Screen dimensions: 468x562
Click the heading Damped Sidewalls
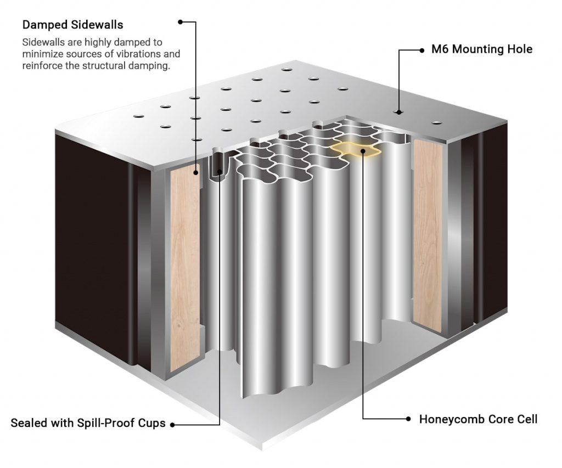(72, 25)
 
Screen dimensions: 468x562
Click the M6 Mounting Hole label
(481, 49)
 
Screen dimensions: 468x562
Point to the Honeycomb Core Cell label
(478, 419)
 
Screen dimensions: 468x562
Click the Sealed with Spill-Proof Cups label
(88, 424)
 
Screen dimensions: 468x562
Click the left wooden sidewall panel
(185, 269)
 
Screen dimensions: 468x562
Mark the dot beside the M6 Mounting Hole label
(421, 50)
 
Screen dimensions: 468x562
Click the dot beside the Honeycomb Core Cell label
(408, 419)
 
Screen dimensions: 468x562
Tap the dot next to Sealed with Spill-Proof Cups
(172, 424)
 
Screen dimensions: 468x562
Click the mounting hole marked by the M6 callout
(399, 112)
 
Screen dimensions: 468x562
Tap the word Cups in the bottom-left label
(152, 424)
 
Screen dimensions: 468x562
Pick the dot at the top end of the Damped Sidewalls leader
(180, 22)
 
